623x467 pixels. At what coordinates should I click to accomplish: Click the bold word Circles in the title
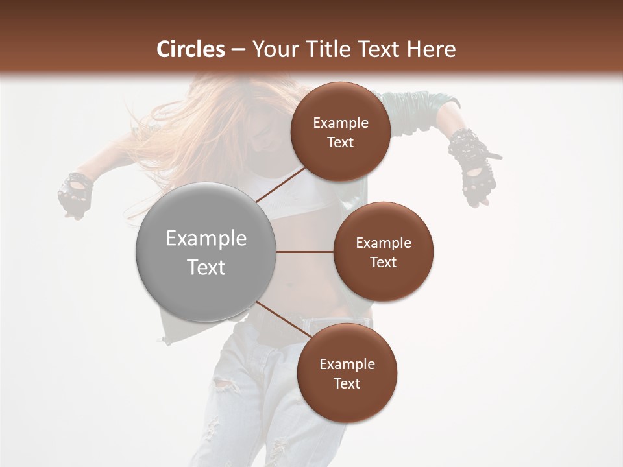(191, 49)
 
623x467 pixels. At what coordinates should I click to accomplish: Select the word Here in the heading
(431, 49)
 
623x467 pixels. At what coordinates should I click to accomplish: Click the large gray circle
(206, 252)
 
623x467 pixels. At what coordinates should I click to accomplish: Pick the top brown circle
(341, 132)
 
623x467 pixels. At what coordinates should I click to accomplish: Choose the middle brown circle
(384, 252)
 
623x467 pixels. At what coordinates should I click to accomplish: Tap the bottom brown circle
(347, 373)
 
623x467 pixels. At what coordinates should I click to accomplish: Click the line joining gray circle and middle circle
(305, 252)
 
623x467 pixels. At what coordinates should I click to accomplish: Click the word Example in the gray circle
(206, 239)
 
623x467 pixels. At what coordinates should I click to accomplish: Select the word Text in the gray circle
(206, 267)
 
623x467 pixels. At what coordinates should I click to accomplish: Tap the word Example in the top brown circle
(341, 123)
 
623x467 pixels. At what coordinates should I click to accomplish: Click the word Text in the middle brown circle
(384, 262)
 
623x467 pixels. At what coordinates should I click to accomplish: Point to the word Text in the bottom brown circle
(347, 383)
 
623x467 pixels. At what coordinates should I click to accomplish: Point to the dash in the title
(238, 50)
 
